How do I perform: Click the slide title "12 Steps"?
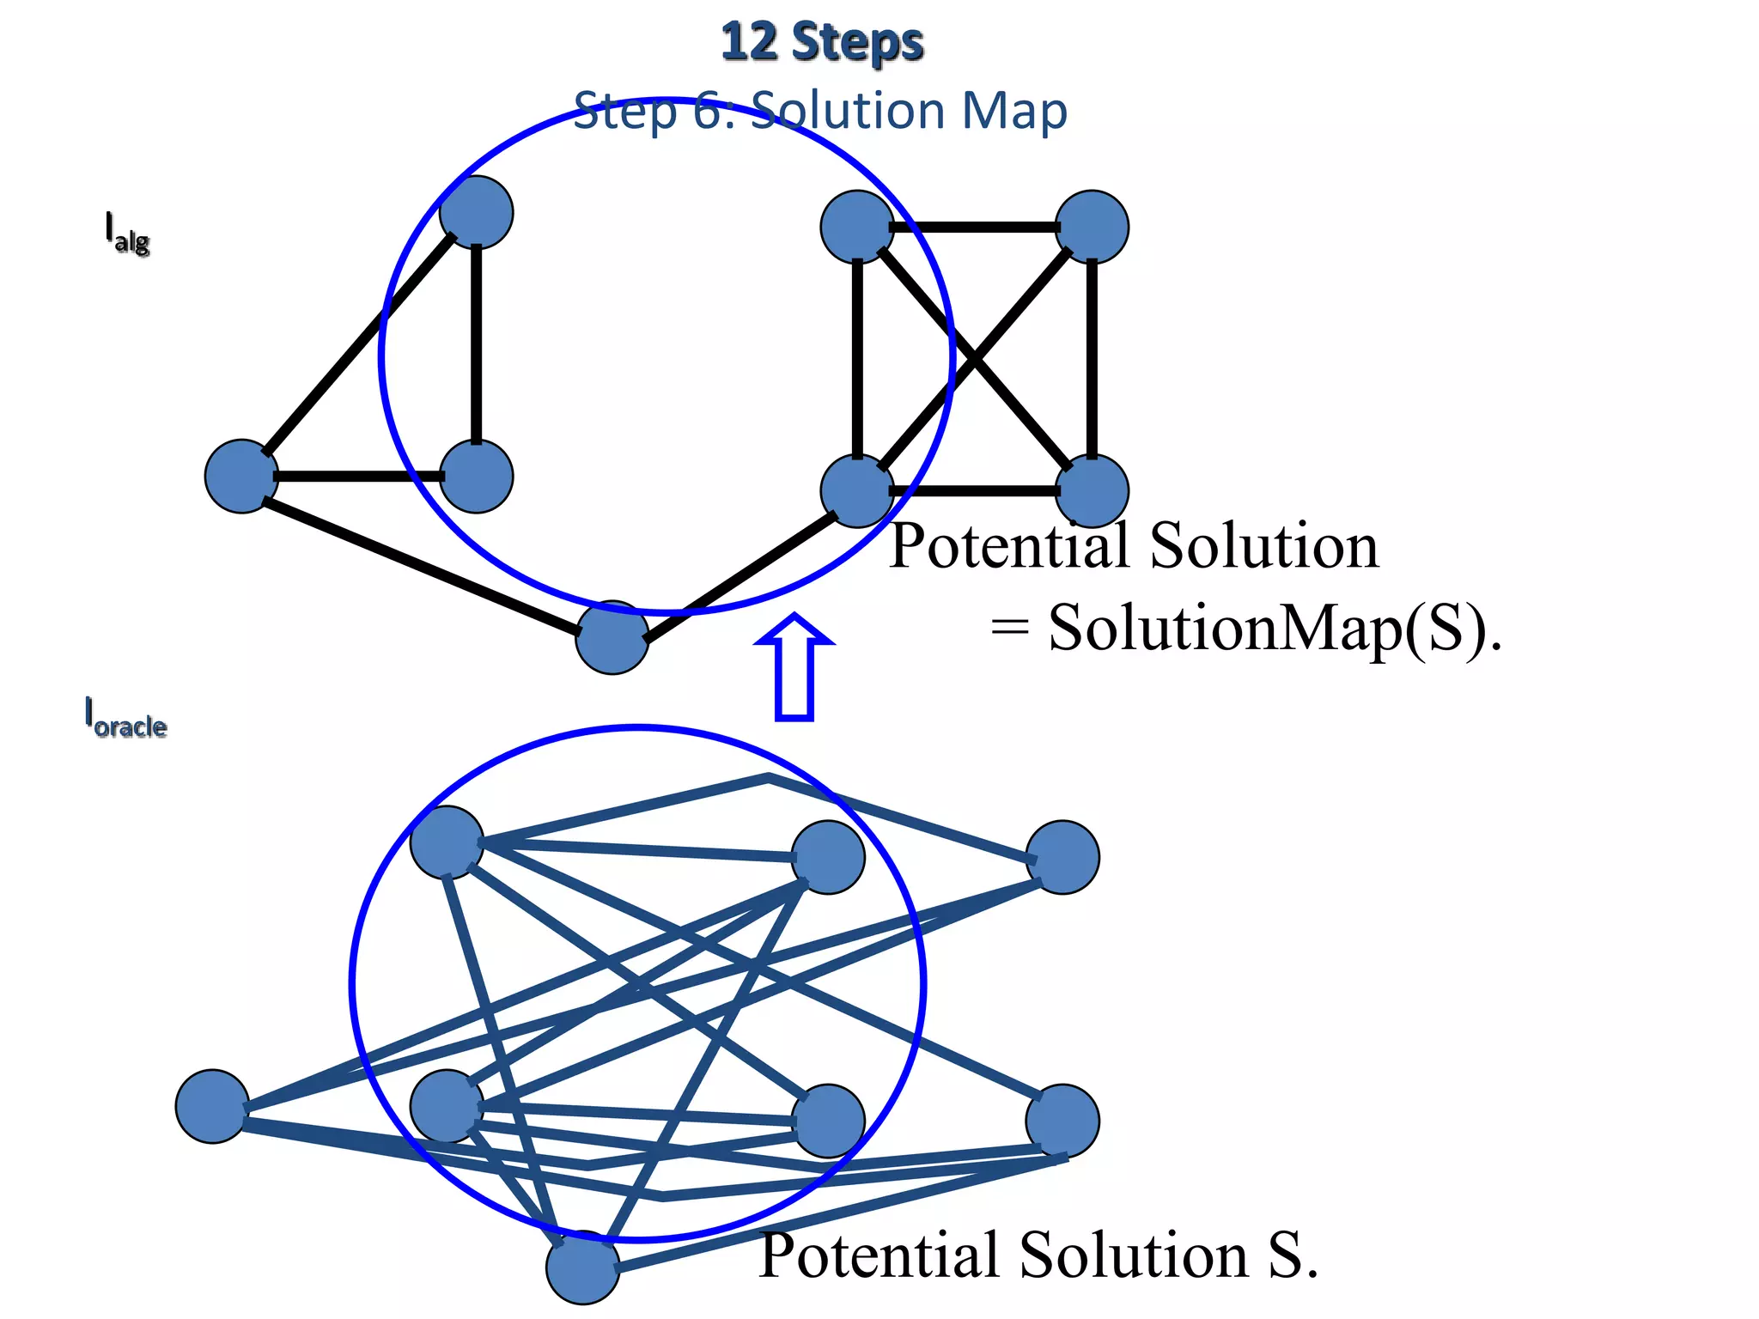click(x=822, y=43)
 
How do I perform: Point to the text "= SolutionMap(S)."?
click(x=1245, y=628)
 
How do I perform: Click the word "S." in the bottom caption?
click(x=1293, y=1255)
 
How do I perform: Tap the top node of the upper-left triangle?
click(x=476, y=212)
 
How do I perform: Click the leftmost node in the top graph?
click(x=241, y=476)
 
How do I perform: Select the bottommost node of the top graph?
click(x=612, y=637)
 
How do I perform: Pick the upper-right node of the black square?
click(x=1091, y=227)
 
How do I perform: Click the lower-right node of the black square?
click(x=1091, y=490)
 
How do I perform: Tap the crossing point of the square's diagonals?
click(x=975, y=359)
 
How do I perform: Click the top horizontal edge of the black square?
click(x=975, y=228)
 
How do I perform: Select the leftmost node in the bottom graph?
click(x=212, y=1106)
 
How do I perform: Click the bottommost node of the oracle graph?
click(x=582, y=1267)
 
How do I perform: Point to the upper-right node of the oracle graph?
click(x=1062, y=857)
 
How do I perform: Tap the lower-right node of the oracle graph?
click(x=1062, y=1121)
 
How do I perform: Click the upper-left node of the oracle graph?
click(x=447, y=842)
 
